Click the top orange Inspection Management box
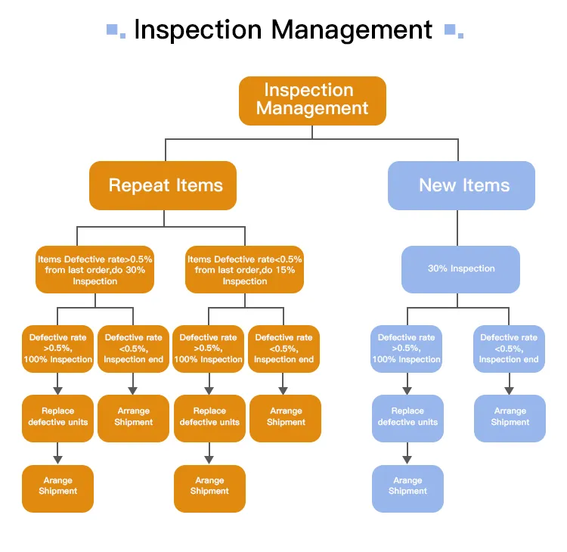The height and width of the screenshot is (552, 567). pos(312,100)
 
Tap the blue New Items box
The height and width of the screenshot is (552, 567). pos(461,185)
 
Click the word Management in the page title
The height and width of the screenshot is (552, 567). pos(352,30)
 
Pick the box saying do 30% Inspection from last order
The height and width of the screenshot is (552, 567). pos(94,270)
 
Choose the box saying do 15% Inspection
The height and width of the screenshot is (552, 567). pos(245,270)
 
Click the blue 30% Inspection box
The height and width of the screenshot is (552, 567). pos(460,269)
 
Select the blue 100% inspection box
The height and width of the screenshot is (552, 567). pos(407,349)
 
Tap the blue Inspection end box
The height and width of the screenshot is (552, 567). pos(509,349)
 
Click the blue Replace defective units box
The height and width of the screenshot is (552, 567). pos(407,417)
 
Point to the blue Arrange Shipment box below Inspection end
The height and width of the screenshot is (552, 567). pos(510,417)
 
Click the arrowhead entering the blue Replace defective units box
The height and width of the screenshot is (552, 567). pos(407,390)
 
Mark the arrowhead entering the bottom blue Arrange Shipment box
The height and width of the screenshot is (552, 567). pos(407,460)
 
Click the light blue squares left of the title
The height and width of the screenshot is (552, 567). pos(116,30)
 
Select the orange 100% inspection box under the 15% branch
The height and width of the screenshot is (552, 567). pos(209,349)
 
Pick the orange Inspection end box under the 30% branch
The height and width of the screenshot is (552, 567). pos(133,349)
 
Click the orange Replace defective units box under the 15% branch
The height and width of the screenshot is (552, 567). pos(209,417)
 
